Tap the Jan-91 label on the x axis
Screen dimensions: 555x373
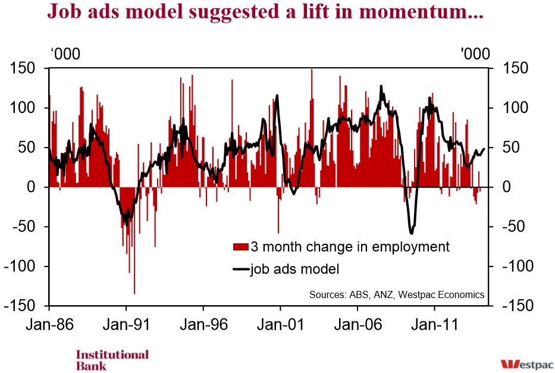coord(126,324)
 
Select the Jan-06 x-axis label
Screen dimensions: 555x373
coord(358,324)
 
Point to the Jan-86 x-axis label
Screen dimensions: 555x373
coord(49,324)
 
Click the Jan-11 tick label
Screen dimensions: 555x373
coord(435,324)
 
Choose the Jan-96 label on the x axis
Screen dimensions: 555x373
coord(204,324)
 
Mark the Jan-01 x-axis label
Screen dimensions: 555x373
coord(281,324)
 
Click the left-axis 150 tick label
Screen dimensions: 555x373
coord(23,68)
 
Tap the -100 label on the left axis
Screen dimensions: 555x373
coord(20,266)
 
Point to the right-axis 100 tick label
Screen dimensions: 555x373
coord(515,108)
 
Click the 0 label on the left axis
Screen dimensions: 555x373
coord(32,187)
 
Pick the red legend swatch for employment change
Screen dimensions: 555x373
coord(240,247)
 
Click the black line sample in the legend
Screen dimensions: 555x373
coord(241,269)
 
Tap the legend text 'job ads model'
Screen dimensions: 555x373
coord(295,269)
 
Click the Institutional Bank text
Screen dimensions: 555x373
coord(112,361)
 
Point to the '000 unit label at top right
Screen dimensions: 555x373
coord(475,54)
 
